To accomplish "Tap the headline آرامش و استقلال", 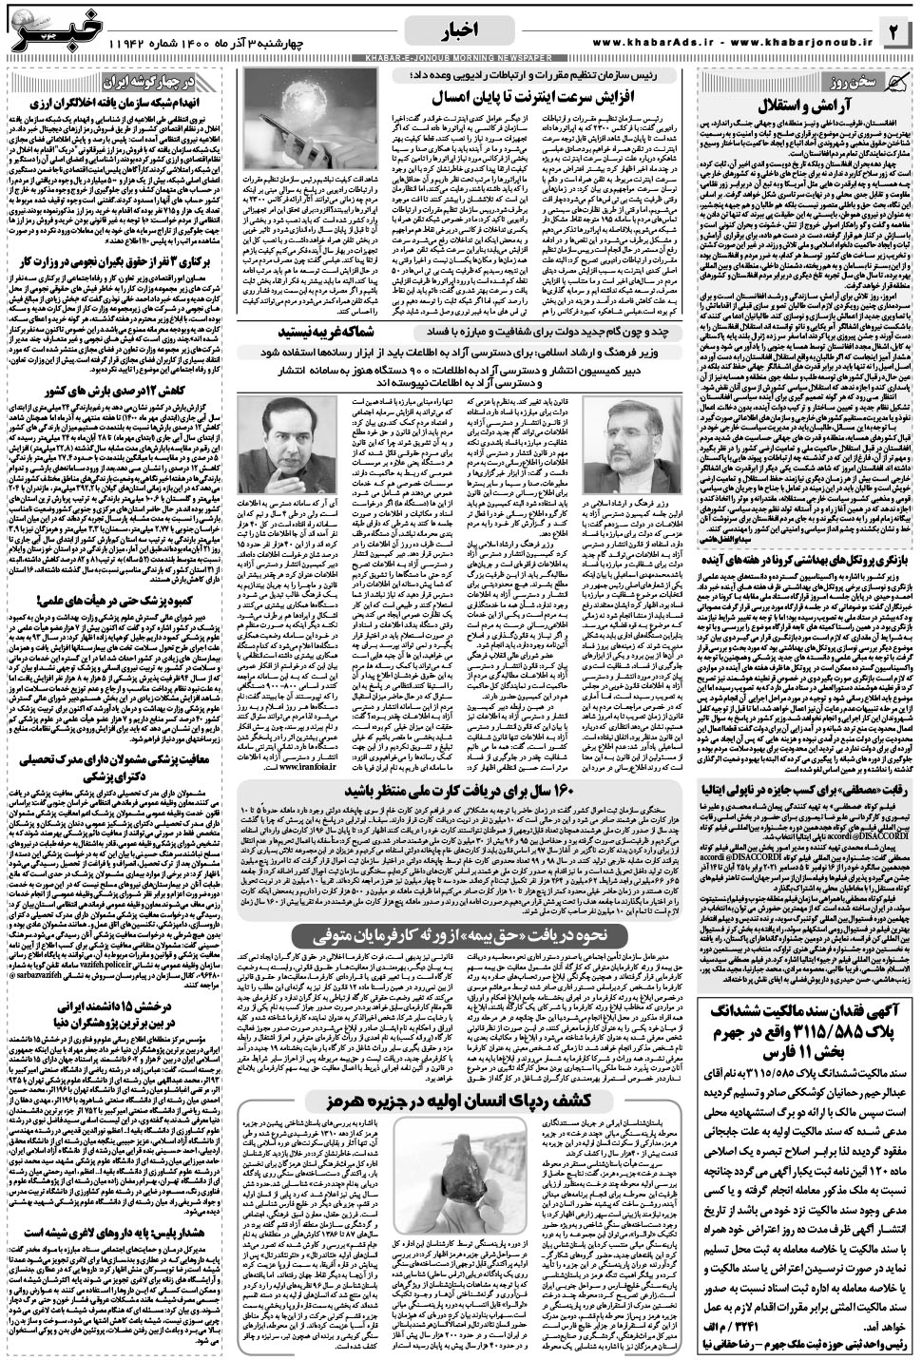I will [x=804, y=102].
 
